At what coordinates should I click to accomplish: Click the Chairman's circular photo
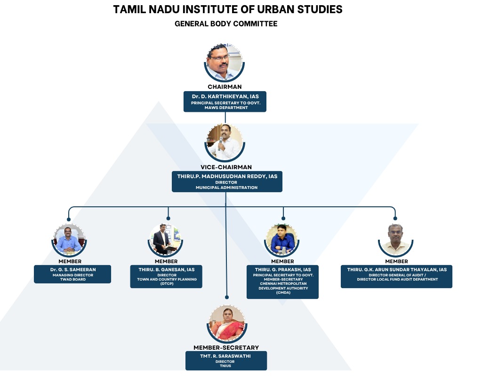(x=225, y=63)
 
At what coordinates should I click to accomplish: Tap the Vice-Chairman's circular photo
(x=225, y=142)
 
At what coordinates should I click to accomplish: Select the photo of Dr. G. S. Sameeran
(x=69, y=240)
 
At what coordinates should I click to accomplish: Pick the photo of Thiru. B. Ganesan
(x=165, y=240)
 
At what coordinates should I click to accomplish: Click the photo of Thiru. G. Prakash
(x=282, y=240)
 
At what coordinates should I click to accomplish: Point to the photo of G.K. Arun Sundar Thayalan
(x=395, y=240)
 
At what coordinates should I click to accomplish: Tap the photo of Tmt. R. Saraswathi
(x=226, y=323)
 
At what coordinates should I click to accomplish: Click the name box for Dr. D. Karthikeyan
(x=225, y=102)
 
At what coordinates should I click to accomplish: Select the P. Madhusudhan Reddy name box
(x=227, y=181)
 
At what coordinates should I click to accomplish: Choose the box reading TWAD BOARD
(x=72, y=274)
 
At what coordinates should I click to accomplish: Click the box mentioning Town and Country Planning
(x=167, y=276)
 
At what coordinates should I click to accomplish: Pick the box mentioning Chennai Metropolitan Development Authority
(x=282, y=282)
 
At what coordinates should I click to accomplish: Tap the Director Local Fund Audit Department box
(x=396, y=276)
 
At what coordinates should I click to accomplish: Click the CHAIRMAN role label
(x=225, y=87)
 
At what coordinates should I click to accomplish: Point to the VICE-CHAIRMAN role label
(x=226, y=167)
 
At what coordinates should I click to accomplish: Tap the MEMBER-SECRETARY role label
(x=226, y=347)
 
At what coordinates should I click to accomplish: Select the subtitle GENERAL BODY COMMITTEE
(x=226, y=23)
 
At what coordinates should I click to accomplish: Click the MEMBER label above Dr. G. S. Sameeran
(x=70, y=261)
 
